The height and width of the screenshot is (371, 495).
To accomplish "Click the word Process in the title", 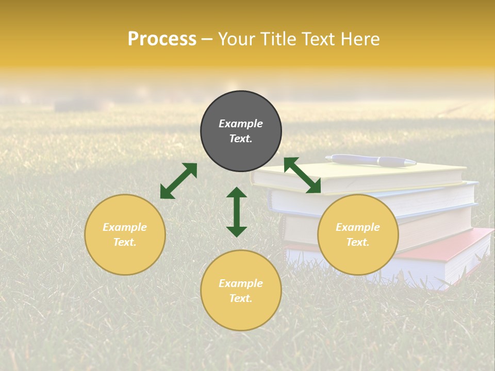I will [162, 39].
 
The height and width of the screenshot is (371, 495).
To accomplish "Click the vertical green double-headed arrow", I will [237, 212].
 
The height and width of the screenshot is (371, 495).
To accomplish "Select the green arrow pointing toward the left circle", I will [178, 181].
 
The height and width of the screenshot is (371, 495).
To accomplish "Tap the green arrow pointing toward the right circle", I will [302, 175].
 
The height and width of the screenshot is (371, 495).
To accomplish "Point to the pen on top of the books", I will [371, 161].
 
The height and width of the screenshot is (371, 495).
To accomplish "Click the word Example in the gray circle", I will [241, 124].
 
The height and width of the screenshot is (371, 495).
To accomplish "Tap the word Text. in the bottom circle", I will [241, 298].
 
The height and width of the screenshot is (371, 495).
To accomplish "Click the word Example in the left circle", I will [125, 227].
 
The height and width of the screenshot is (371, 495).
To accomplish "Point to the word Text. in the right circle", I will [358, 242].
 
